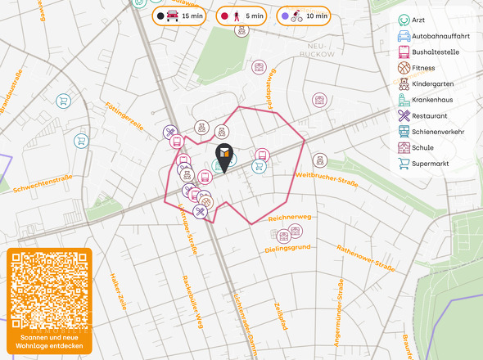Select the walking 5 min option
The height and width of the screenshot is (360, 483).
coord(241,16)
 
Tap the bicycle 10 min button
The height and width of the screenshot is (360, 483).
coord(303,16)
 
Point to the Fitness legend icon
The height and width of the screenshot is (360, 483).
coord(404,68)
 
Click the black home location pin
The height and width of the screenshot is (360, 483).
coord(223,155)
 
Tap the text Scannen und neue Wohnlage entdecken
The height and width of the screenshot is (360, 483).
coord(49,341)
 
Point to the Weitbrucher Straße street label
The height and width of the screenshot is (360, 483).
coord(327,178)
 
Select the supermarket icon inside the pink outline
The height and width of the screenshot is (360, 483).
coord(259,166)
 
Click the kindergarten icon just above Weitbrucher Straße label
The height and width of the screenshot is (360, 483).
coord(321,160)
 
